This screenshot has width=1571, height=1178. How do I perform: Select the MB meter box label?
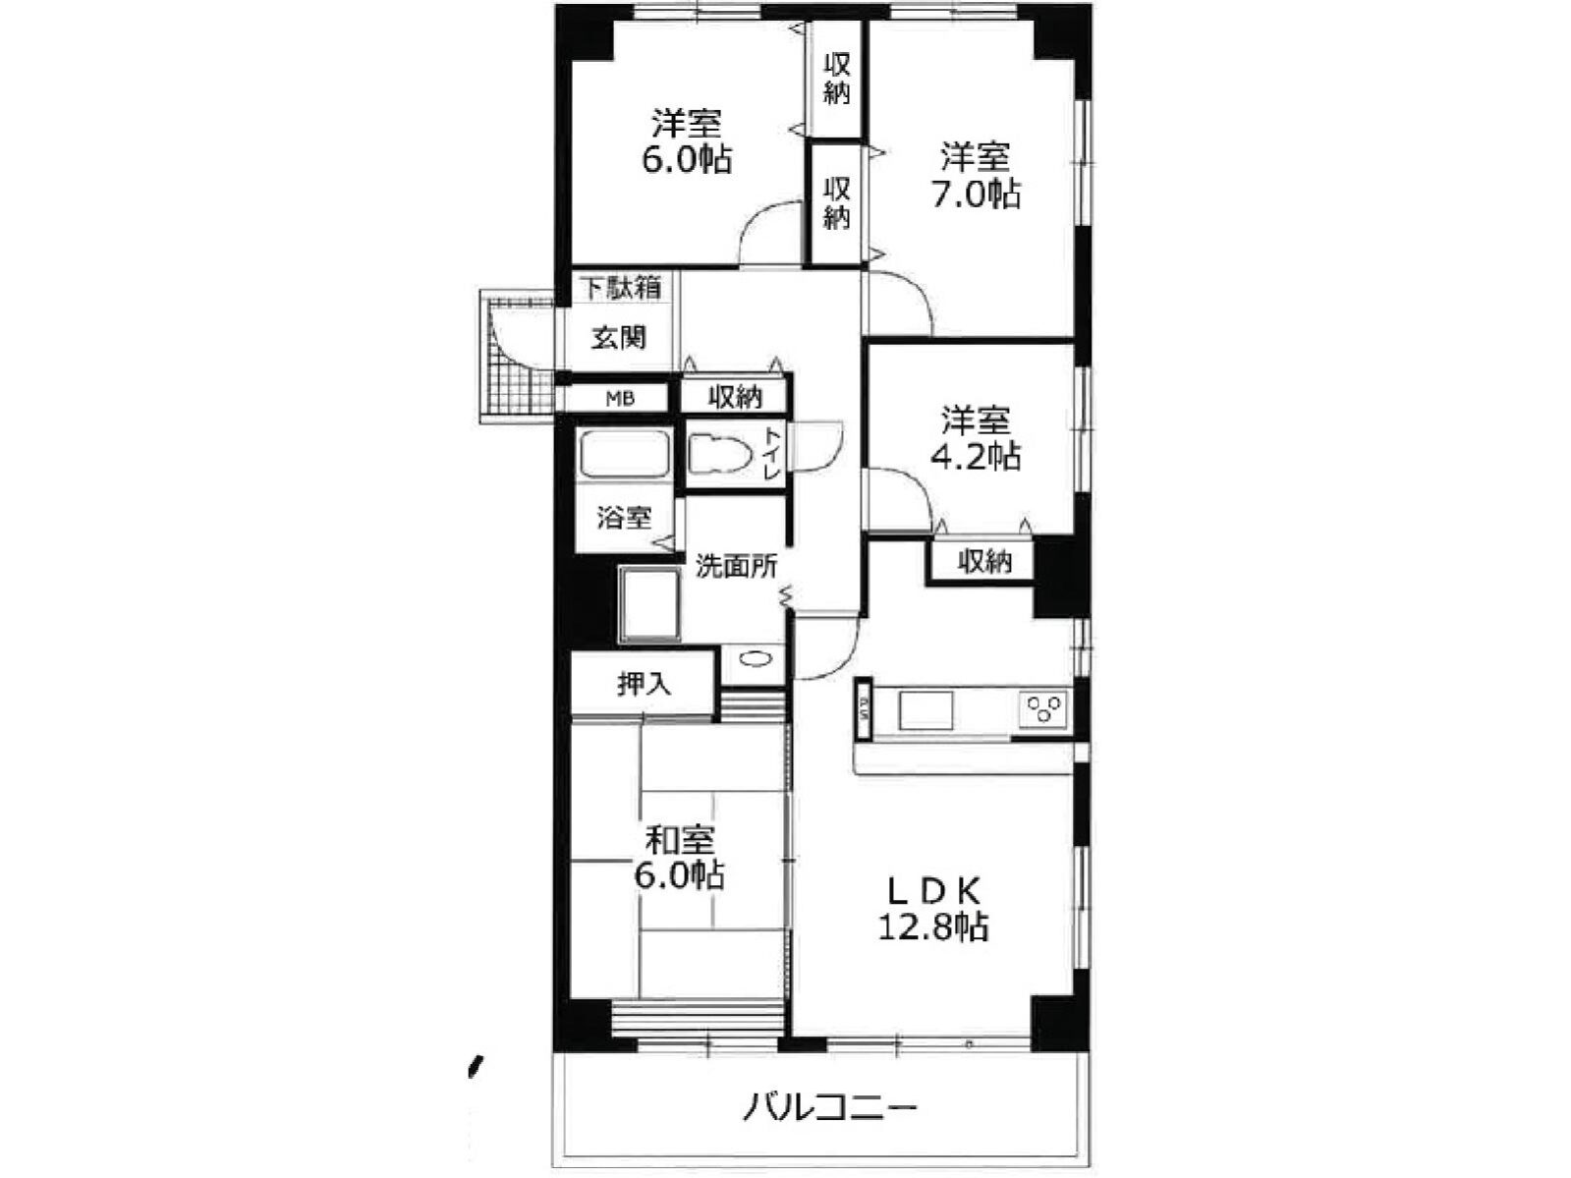[x=620, y=399]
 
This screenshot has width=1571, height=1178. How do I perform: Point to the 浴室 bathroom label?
[x=625, y=518]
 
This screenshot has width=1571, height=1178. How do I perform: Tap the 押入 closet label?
[x=645, y=684]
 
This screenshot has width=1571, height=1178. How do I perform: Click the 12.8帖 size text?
[x=933, y=926]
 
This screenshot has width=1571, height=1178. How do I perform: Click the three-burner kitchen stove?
[x=1042, y=708]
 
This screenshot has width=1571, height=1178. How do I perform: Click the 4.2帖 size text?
[x=976, y=455]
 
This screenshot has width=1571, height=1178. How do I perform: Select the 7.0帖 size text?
[x=976, y=194]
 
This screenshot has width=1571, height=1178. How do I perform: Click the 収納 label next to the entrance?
[x=736, y=397]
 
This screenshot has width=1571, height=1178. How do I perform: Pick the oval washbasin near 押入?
[x=753, y=659]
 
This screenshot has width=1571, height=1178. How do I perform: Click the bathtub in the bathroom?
[x=624, y=454]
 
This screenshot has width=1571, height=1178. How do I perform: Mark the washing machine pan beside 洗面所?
[x=649, y=605]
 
